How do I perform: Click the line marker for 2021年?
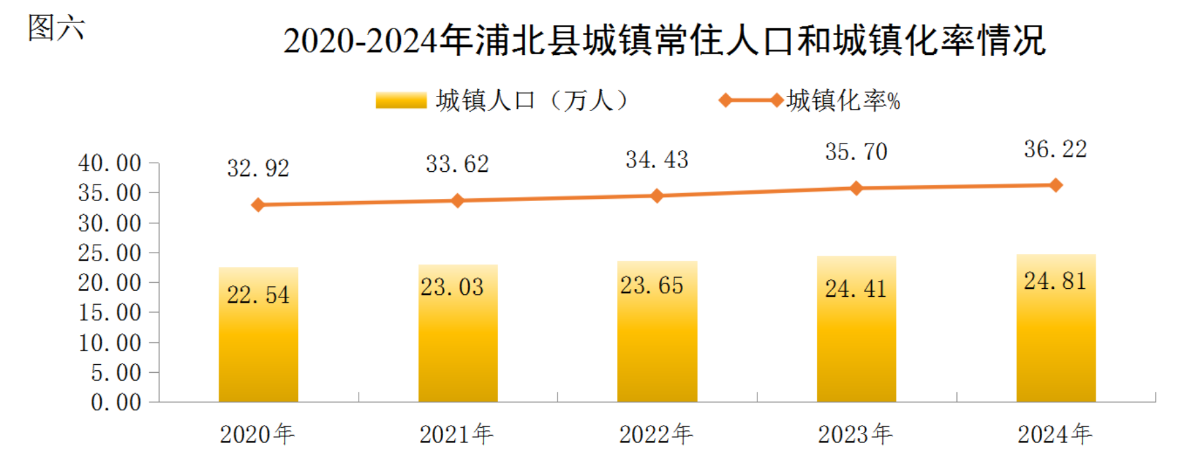458,200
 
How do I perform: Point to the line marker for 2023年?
857,188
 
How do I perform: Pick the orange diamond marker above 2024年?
1056,185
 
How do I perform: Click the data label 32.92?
258,169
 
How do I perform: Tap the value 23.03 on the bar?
452,288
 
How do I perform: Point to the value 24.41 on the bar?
856,289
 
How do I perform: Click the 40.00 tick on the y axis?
110,163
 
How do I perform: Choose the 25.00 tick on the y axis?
110,253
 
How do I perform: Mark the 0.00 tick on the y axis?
116,403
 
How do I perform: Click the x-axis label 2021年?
456,434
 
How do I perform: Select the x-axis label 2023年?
855,434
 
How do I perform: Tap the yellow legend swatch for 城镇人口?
401,100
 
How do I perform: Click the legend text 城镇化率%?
843,100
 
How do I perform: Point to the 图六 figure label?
56,28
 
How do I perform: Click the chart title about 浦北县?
664,41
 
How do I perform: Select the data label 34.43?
657,160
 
